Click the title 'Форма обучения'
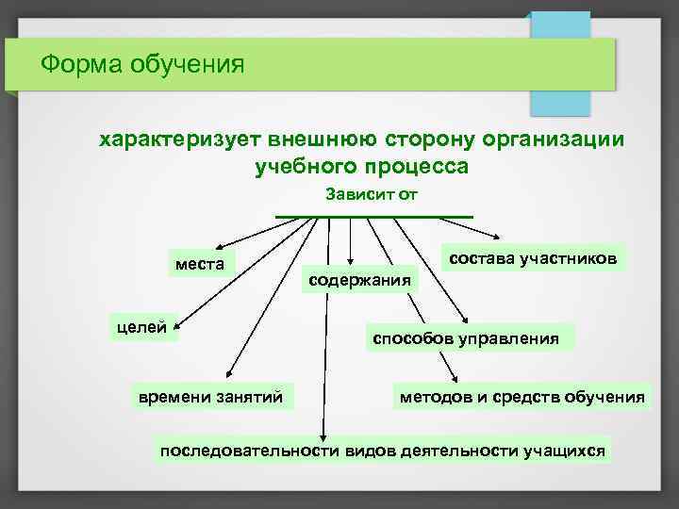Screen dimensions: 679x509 point(141,66)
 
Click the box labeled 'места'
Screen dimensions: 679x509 point(200,263)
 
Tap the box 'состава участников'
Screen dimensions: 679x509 point(533,257)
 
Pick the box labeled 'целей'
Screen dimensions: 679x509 point(141,328)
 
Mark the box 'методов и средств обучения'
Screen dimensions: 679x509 point(522,397)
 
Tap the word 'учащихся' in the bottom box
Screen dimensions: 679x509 point(563,451)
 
